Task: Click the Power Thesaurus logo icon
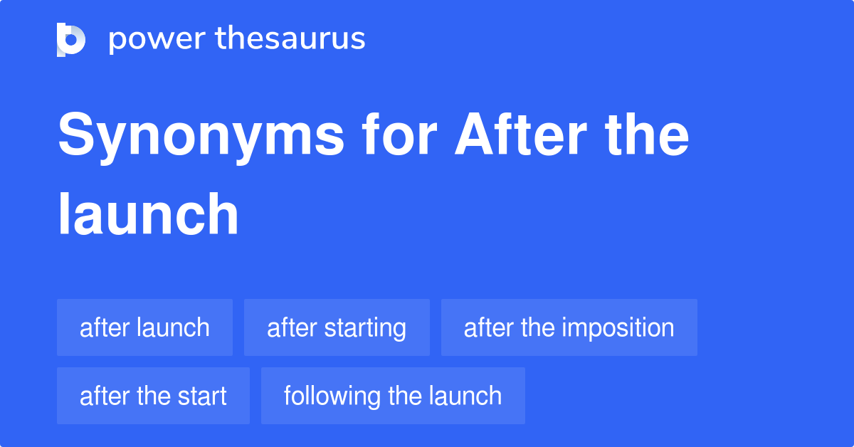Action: coord(71,39)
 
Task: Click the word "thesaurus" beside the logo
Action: coord(290,39)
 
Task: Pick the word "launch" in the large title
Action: coord(148,215)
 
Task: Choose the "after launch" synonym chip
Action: coord(144,328)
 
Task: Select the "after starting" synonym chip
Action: coord(337,328)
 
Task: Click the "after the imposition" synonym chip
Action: coord(569,328)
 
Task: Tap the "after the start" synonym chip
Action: coord(153,396)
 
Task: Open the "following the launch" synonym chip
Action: coord(393,396)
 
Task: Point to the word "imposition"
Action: coord(618,328)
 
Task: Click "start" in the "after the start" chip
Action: coord(203,396)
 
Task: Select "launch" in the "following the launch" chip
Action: coord(466,396)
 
